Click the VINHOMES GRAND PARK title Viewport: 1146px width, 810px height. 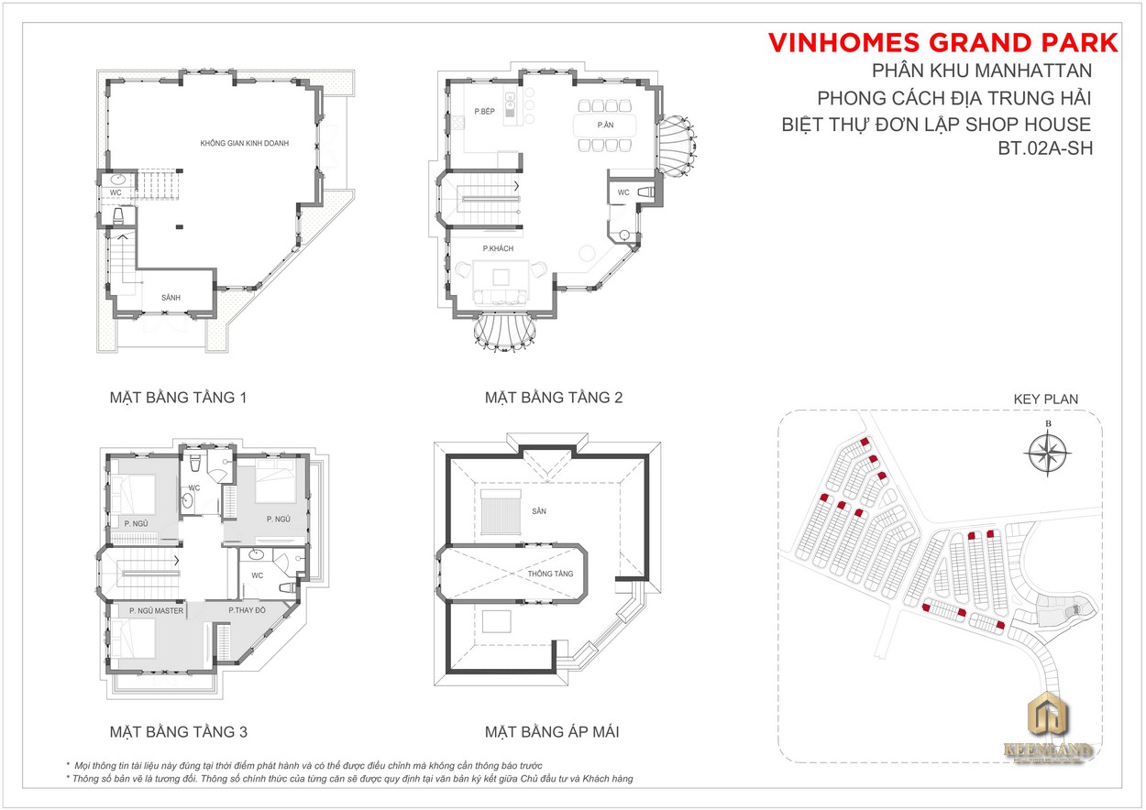(x=942, y=43)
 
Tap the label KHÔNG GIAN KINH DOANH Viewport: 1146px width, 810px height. (x=245, y=143)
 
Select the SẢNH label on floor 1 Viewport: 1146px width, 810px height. (x=171, y=297)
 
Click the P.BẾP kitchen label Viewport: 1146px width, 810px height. (x=484, y=112)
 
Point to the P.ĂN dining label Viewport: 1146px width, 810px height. (x=605, y=125)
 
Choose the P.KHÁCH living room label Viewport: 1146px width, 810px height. (x=498, y=248)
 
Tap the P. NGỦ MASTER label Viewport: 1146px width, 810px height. (x=156, y=610)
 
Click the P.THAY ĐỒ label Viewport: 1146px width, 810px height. (x=248, y=610)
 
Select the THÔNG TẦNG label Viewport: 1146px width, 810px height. (x=550, y=574)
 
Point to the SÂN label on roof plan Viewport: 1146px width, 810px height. (x=539, y=511)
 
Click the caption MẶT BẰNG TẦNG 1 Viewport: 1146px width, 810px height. (x=178, y=398)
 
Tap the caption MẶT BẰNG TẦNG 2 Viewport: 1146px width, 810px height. (x=554, y=398)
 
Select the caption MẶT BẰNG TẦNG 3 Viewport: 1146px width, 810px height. (x=178, y=732)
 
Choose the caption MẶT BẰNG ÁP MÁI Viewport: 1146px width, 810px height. (x=552, y=732)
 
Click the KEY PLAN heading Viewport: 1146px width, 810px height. (x=1046, y=399)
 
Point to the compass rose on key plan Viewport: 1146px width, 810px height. (x=1048, y=452)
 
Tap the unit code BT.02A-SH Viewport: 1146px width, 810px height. (x=1045, y=148)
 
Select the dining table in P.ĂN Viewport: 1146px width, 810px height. (x=605, y=126)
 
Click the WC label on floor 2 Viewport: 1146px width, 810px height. (x=623, y=192)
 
